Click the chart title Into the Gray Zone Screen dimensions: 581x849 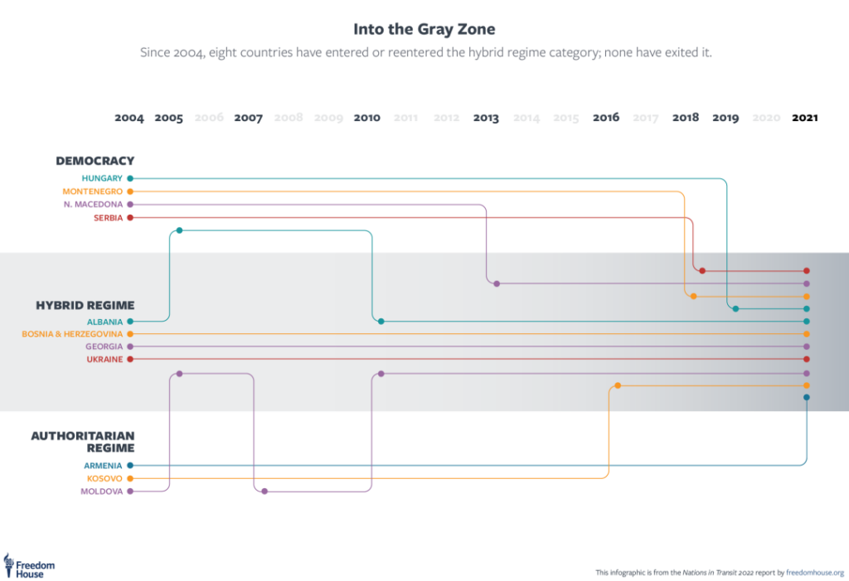point(424,29)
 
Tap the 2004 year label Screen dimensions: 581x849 point(129,118)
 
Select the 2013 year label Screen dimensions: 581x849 point(486,118)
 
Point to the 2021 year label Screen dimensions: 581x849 point(804,118)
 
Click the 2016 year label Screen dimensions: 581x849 point(606,118)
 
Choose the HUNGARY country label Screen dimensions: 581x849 point(102,178)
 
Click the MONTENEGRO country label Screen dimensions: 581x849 point(92,191)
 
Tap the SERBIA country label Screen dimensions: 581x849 point(108,218)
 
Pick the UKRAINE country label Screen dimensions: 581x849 point(104,360)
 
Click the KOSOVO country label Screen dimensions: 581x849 point(104,479)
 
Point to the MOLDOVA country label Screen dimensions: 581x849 point(101,491)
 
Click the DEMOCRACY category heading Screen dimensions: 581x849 point(95,161)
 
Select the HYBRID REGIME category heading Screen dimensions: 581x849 point(85,305)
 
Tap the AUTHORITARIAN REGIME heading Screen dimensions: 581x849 point(83,442)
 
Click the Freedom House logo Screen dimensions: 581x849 point(29,565)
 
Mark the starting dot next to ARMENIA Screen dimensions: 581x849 point(130,466)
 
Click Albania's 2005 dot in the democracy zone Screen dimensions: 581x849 point(179,230)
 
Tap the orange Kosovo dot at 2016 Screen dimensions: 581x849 point(618,385)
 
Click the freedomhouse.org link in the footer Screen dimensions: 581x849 point(815,572)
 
